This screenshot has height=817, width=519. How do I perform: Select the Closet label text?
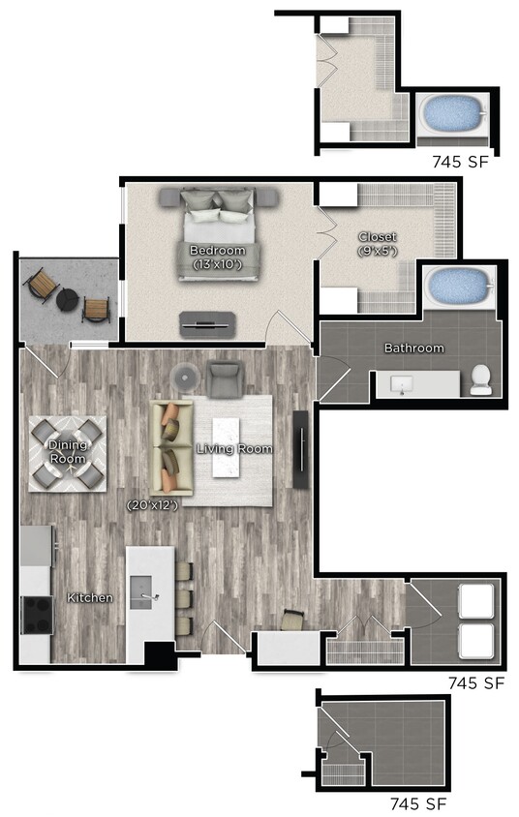377,237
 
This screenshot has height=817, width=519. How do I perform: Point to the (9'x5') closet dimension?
377,251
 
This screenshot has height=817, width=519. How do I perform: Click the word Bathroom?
413,348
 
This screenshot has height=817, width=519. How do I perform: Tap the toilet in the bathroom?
479,381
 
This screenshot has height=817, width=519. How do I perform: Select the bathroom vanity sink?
406,385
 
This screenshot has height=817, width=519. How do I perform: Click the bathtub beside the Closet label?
458,286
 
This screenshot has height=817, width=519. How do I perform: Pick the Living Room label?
234,449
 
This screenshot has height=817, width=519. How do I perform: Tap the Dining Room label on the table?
67,451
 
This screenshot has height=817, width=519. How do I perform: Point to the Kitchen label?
89,598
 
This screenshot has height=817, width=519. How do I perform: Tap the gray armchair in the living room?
225,378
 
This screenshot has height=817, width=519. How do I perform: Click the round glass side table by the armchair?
184,376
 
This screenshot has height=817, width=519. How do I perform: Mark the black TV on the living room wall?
301,448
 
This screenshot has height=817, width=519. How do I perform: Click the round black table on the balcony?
67,300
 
